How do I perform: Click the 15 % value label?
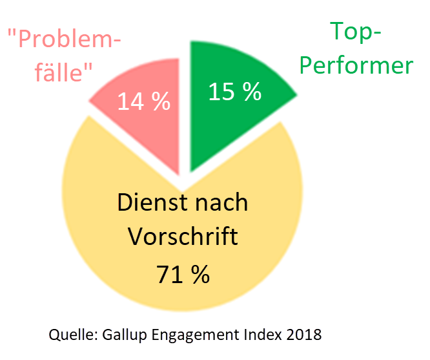coord(234,92)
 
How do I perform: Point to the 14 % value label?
coord(143,101)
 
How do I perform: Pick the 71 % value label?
coord(183,274)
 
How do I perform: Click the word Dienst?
coord(148,202)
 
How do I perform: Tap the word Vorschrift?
coord(183,237)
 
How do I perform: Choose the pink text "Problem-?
coord(65,41)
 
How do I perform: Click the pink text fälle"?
coord(51,72)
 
